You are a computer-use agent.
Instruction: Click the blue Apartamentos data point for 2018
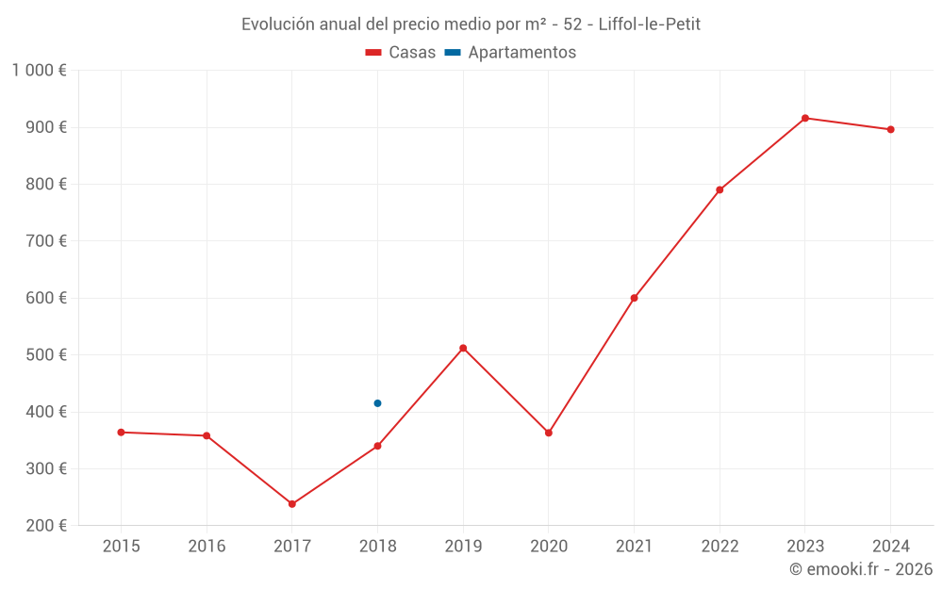coord(377,403)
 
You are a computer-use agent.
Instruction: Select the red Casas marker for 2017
coord(292,504)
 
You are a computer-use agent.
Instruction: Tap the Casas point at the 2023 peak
coord(805,118)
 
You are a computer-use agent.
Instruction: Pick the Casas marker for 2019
coord(463,348)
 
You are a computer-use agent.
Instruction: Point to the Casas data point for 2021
coord(634,298)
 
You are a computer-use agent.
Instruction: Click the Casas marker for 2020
coord(549,433)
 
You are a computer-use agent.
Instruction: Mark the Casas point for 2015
coord(121,433)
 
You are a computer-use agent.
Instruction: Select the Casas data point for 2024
coord(890,129)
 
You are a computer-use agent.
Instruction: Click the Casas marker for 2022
coord(720,189)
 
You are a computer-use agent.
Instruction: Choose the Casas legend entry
coord(401,53)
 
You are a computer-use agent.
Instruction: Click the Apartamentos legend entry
coord(510,53)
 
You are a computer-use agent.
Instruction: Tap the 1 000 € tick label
coord(39,70)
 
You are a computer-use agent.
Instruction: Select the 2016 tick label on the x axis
coord(207,547)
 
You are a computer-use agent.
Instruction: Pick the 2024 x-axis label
coord(890,547)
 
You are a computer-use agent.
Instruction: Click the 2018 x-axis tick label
coord(377,547)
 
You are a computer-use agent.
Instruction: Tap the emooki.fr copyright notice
coord(860,569)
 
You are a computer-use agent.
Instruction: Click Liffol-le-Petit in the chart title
coord(649,24)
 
